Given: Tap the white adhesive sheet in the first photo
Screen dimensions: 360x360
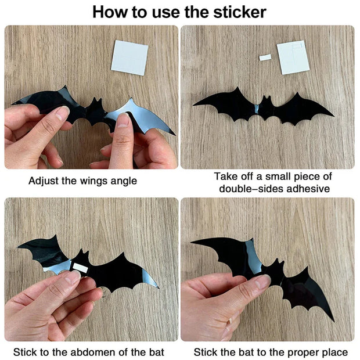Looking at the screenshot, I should (x=129, y=57).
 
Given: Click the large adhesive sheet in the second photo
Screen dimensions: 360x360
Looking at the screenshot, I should (x=293, y=57).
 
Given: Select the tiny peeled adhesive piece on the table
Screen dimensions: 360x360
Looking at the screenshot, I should (x=265, y=57).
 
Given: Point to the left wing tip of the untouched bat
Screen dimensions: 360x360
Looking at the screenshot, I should (x=195, y=105).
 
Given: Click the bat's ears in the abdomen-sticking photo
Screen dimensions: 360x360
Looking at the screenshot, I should (x=80, y=254).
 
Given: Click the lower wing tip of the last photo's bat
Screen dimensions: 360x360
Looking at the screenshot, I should (x=333, y=319).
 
